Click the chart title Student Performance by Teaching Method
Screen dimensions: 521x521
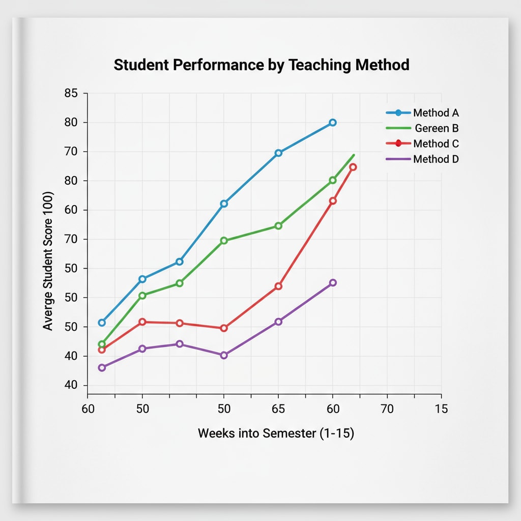262,65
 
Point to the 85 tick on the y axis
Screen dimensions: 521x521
71,93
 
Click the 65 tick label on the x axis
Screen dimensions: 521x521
278,409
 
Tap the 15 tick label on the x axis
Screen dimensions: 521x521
441,409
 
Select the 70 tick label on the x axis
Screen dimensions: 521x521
387,409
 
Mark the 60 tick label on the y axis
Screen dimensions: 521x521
71,210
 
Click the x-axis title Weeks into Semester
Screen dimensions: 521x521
276,433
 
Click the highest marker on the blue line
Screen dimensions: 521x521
333,123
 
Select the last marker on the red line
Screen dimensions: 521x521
353,167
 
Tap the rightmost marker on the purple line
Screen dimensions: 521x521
333,282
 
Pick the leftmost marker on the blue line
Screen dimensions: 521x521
102,323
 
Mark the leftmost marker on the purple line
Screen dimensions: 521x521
102,367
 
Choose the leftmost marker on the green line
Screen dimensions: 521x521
102,344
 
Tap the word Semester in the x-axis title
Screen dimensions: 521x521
289,433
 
